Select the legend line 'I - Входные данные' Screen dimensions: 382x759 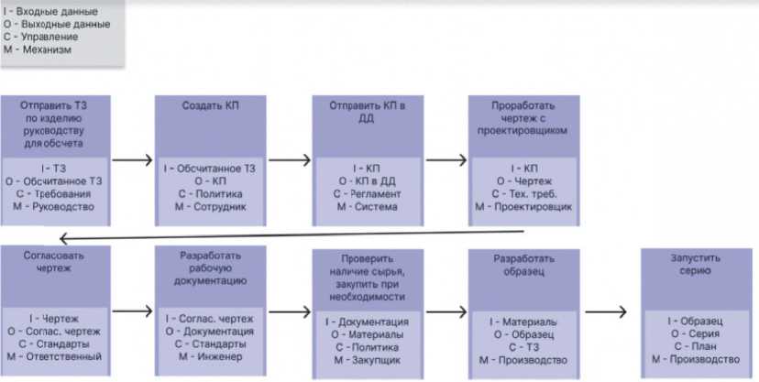click(51, 11)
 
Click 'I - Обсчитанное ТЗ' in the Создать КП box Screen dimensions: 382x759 click(210, 169)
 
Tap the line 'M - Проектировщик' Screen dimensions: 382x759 click(523, 207)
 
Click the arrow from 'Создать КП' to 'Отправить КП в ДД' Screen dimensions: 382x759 click(291, 158)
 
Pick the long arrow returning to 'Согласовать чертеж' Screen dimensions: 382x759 click(275, 235)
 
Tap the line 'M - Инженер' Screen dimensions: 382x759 click(210, 356)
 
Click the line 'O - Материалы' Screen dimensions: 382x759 click(367, 335)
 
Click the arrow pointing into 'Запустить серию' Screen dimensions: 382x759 click(605, 310)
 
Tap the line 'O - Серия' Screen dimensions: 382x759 click(697, 333)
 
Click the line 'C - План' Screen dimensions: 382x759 click(697, 346)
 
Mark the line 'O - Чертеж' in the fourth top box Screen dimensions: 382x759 click(523, 181)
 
